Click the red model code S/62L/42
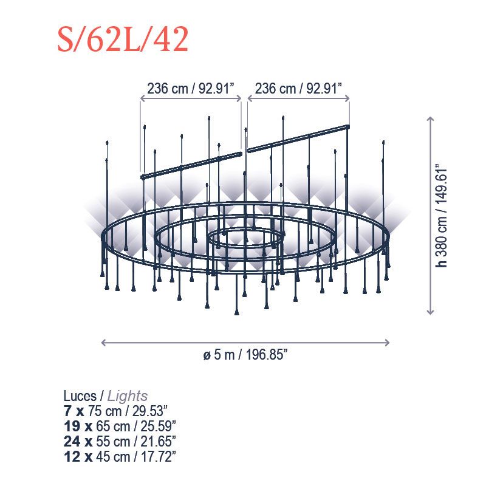pos(123,39)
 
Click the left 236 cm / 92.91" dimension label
pos(190,89)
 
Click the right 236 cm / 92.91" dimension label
pos(298,89)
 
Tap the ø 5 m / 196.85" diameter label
pos(245,355)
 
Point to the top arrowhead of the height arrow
pos(430,118)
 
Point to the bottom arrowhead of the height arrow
pos(430,313)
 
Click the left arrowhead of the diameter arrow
pos(103,343)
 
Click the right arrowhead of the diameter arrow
pos(388,343)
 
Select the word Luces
pos(80,396)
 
